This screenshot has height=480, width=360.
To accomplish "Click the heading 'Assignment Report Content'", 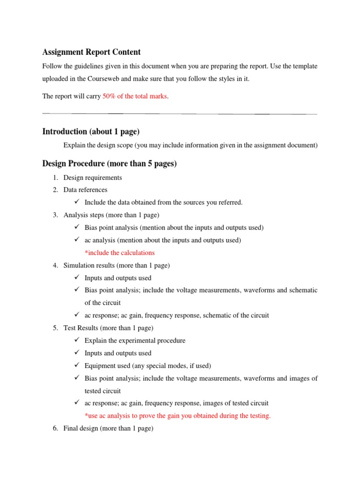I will (x=91, y=52).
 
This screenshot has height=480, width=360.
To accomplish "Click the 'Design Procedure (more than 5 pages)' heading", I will (x=109, y=164).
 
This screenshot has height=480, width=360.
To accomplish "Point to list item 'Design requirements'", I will (x=93, y=178).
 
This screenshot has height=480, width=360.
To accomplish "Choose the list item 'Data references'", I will (x=85, y=190).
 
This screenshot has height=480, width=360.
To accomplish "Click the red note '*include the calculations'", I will (x=120, y=253).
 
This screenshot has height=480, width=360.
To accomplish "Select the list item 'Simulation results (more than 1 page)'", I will (x=117, y=265).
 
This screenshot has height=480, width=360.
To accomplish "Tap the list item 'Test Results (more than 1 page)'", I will (x=108, y=328).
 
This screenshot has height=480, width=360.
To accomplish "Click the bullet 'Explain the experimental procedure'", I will (x=135, y=340).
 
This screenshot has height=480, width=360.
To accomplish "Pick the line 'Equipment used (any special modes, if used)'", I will (x=148, y=366).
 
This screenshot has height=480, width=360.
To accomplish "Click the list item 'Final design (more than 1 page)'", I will (x=108, y=428).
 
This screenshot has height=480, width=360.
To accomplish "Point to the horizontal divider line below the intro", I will (x=180, y=114).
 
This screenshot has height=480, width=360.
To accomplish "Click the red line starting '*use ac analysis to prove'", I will (x=177, y=416).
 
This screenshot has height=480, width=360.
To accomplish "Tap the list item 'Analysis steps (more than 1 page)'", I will (x=111, y=215).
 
